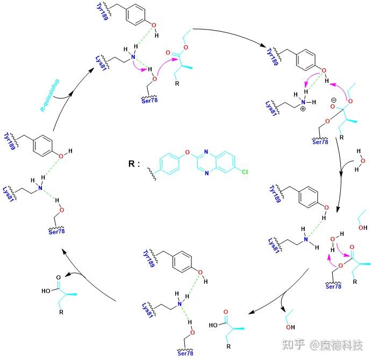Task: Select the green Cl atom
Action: click(245, 173)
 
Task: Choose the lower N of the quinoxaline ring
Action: click(206, 172)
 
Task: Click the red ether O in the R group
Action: click(187, 152)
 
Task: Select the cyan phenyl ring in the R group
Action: click(169, 162)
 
